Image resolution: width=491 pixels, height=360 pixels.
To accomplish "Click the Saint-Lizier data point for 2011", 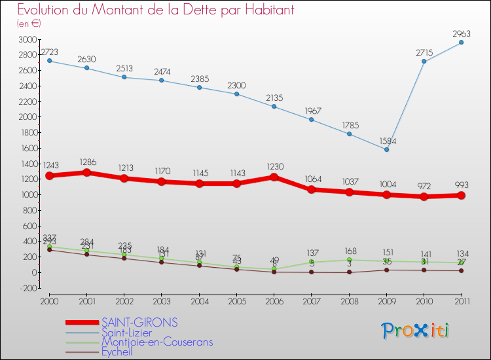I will [x=461, y=43].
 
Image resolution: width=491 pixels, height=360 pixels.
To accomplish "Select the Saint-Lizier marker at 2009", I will [x=386, y=149].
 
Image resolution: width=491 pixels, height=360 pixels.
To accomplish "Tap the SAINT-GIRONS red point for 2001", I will [x=86, y=173].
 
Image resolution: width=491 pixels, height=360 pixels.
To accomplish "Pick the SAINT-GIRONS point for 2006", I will [x=274, y=177].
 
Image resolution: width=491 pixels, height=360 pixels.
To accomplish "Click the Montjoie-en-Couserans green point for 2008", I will [x=349, y=259].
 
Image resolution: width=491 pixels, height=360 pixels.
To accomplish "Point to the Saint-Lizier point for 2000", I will [x=49, y=61].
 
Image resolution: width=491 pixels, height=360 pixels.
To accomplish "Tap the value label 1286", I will [x=86, y=161].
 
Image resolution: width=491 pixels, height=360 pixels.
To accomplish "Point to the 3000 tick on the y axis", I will [x=27, y=40].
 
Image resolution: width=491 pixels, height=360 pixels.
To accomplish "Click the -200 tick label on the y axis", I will [x=27, y=287].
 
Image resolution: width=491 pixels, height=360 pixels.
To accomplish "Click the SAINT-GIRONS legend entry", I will [x=139, y=323].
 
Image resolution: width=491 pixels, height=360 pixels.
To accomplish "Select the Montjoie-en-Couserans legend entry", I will [x=156, y=342].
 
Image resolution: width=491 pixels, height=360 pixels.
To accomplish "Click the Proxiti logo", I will [x=416, y=330].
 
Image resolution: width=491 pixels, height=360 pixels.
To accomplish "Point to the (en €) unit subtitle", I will [x=29, y=24].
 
